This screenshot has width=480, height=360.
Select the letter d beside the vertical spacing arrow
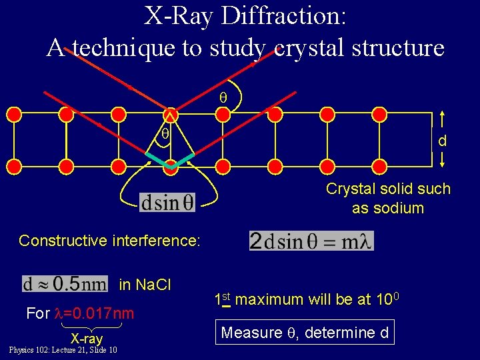click(442, 141)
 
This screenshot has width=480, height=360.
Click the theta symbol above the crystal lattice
click(223, 97)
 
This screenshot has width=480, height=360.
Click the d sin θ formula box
click(168, 202)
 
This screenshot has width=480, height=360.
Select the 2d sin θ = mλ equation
click(311, 241)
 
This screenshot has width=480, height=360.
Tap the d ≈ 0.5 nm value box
click(65, 284)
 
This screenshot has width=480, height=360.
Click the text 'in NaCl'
click(145, 285)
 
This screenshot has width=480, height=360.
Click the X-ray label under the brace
click(87, 339)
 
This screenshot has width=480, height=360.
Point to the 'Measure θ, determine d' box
click(305, 332)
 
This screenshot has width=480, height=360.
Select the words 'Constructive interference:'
click(109, 240)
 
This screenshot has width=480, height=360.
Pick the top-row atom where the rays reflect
click(171, 114)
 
